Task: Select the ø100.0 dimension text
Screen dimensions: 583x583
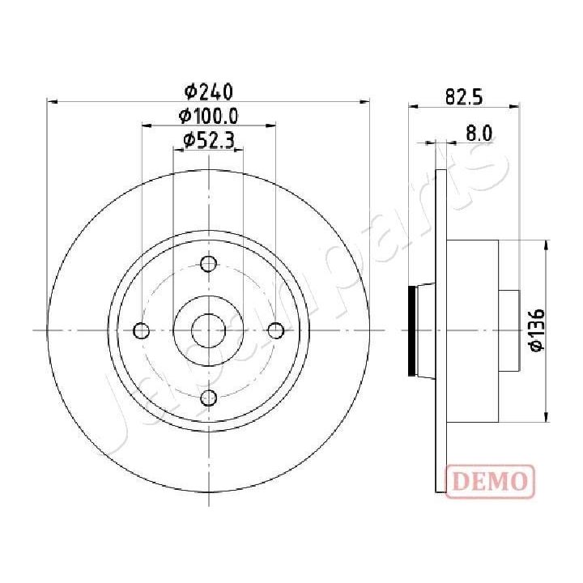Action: pyautogui.click(x=209, y=116)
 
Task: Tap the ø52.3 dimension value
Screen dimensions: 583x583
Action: pyautogui.click(x=209, y=140)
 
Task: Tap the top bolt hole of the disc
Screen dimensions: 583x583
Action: pyautogui.click(x=209, y=263)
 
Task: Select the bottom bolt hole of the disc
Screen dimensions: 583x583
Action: pyautogui.click(x=209, y=397)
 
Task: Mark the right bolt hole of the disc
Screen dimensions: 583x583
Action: pyautogui.click(x=276, y=330)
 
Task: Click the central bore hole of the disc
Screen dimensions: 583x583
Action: pyautogui.click(x=209, y=330)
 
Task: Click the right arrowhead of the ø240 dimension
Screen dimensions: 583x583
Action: pyautogui.click(x=364, y=102)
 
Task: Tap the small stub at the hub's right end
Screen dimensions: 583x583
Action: pyautogui.click(x=508, y=330)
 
